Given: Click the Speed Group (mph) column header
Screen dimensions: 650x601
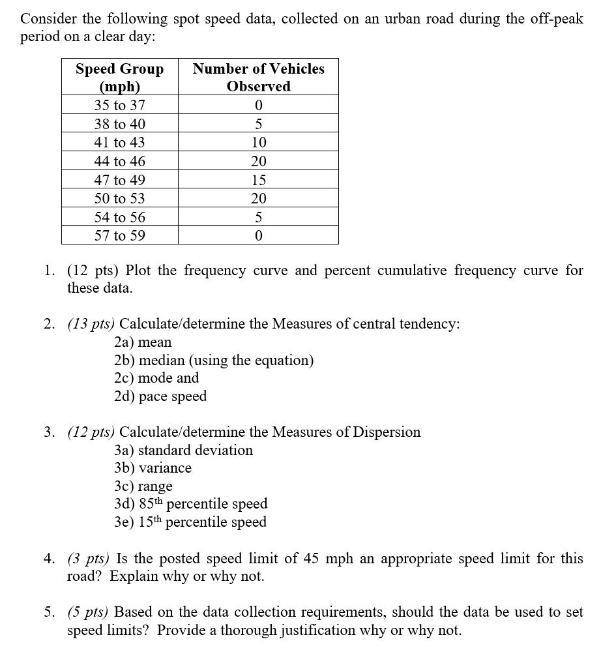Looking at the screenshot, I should (119, 78).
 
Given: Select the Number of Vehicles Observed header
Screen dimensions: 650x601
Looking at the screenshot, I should (258, 78).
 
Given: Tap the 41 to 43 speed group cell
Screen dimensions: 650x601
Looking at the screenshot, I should (119, 142).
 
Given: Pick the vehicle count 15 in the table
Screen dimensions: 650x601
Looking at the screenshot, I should (259, 180).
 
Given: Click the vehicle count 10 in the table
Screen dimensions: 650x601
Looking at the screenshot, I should (259, 142).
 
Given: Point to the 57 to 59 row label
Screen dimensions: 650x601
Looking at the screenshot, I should (119, 235).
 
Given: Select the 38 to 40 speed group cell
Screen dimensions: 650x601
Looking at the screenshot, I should (119, 124).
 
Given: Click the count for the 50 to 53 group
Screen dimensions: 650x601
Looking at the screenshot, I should (259, 198).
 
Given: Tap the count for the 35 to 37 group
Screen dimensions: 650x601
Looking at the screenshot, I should (259, 105).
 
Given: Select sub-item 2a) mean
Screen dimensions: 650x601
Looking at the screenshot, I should (142, 342).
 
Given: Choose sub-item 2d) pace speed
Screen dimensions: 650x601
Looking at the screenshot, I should (160, 396).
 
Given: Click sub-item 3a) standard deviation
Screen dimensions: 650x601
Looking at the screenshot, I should (183, 450).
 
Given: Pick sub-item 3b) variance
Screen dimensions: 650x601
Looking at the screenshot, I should (153, 468).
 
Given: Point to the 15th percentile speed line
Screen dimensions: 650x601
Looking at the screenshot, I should (190, 522).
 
